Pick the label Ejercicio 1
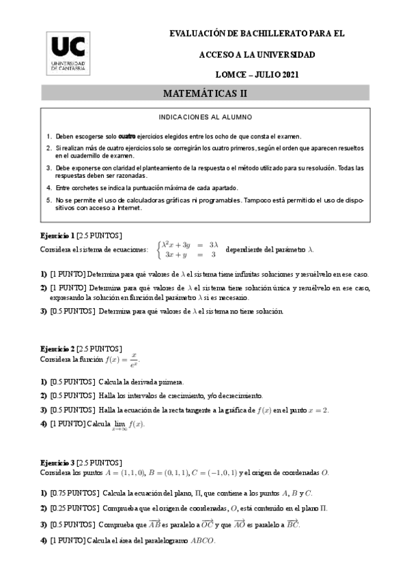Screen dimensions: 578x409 58,236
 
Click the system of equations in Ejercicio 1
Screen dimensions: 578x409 188,249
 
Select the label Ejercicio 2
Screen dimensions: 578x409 58,349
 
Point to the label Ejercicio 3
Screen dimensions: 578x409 58,463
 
